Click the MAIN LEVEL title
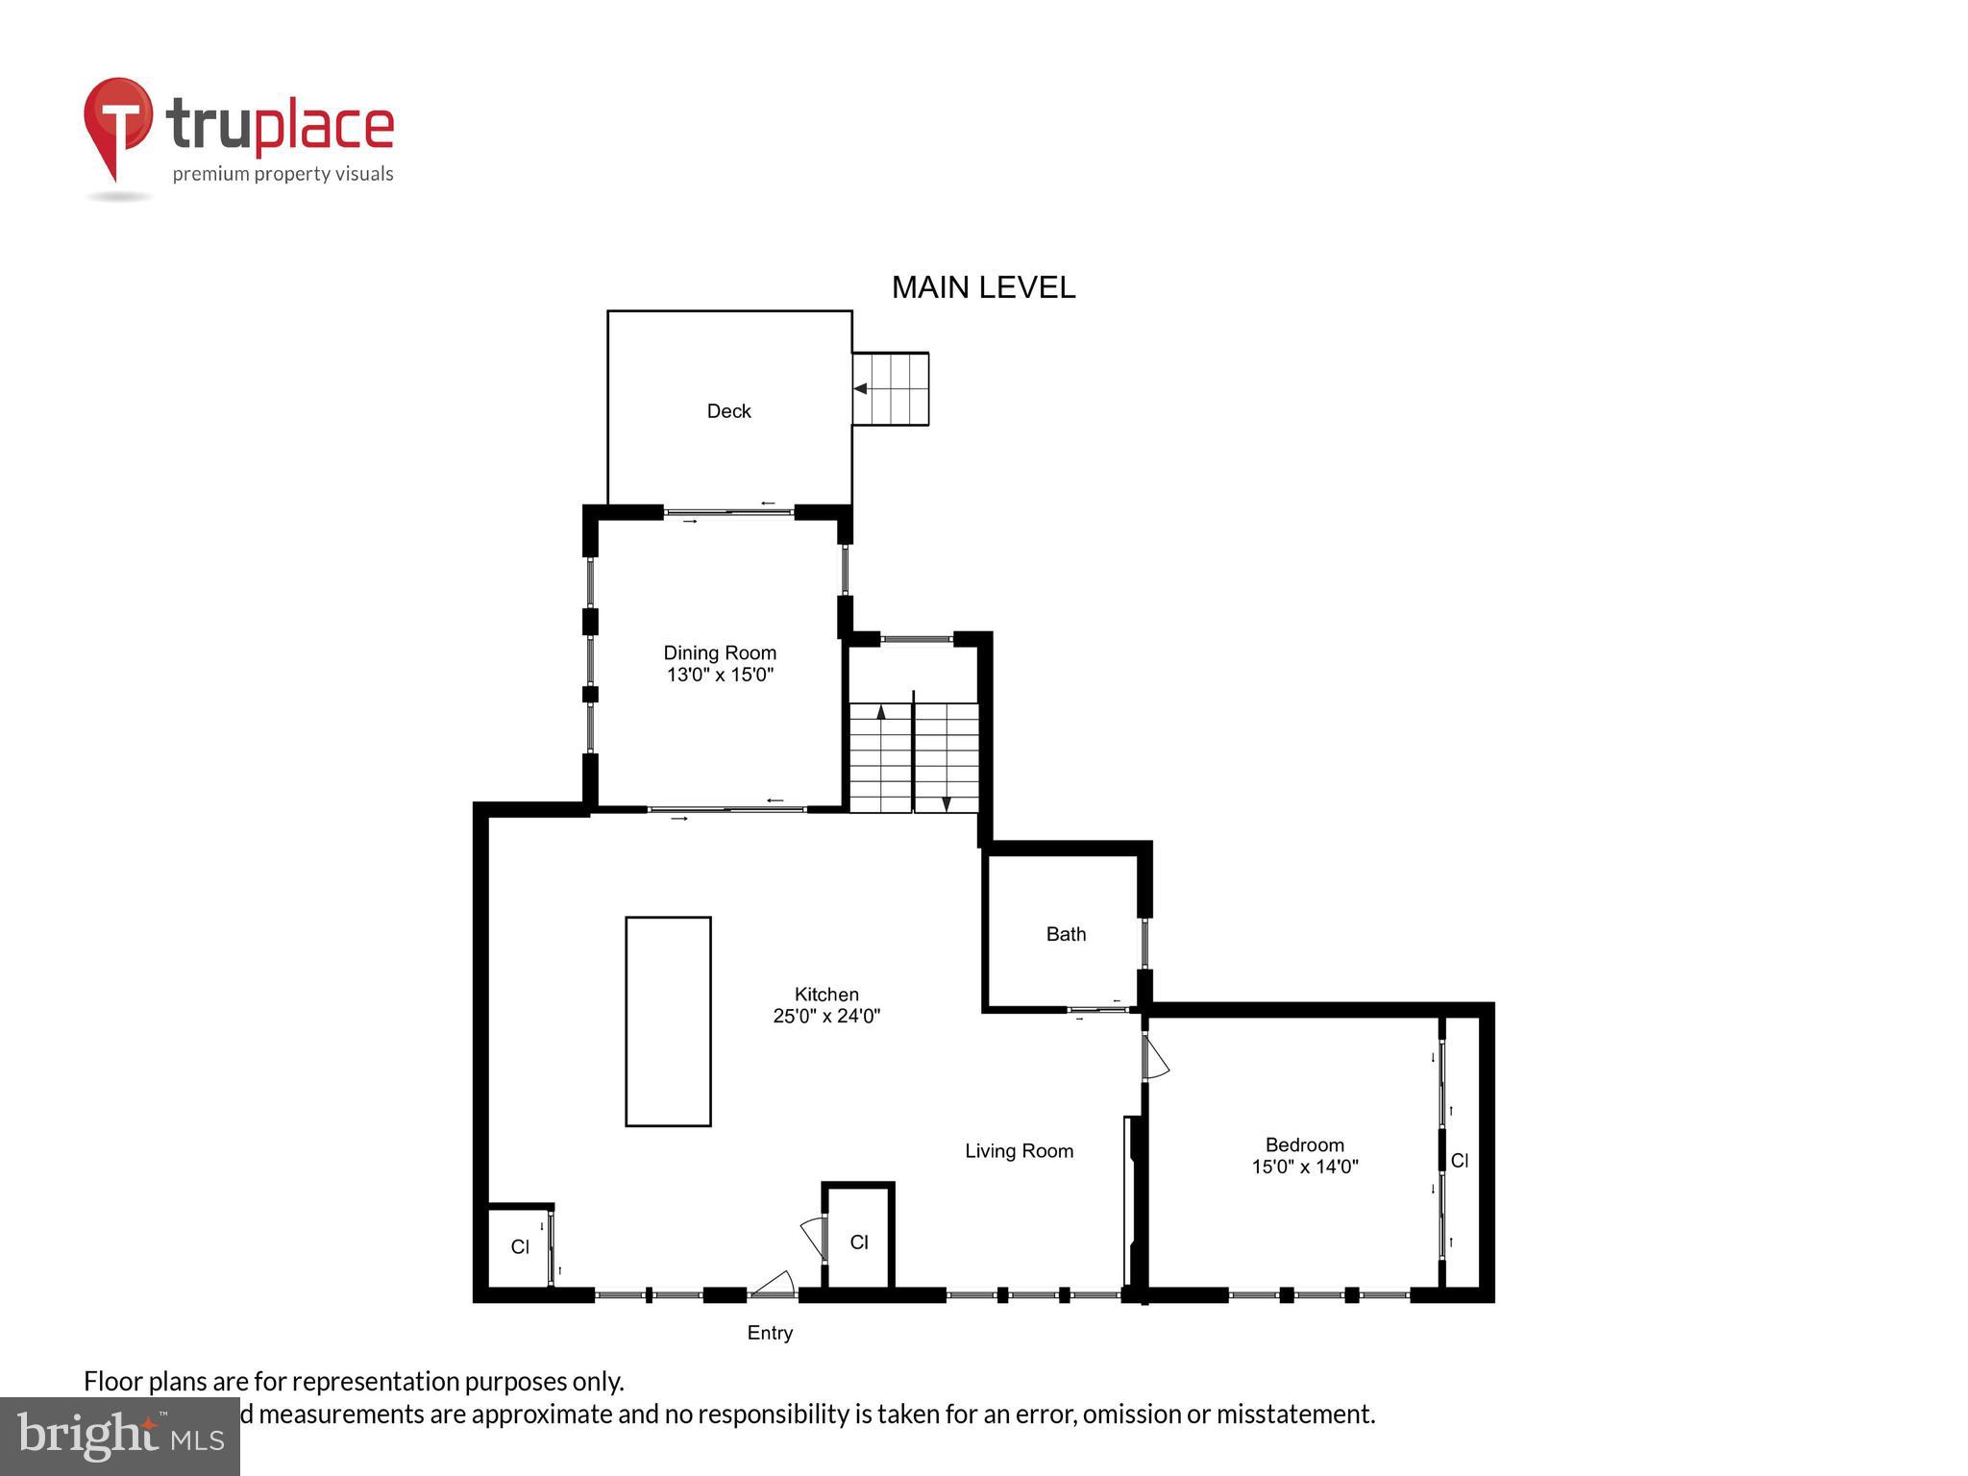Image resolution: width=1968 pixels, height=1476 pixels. click(x=983, y=287)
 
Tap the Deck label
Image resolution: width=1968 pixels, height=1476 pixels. click(x=728, y=411)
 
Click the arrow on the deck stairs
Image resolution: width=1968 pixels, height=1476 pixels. click(x=862, y=389)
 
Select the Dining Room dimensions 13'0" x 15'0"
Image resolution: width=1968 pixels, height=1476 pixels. click(x=720, y=675)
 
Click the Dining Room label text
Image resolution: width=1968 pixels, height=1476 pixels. click(x=720, y=653)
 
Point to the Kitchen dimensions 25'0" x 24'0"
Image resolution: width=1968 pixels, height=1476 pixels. click(x=826, y=1016)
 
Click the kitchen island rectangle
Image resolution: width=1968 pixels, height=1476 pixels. click(x=668, y=1021)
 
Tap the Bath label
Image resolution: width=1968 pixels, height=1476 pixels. click(x=1066, y=934)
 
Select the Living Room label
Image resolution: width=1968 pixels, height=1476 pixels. click(x=1019, y=1151)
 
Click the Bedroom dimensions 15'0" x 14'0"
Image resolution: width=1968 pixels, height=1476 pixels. click(x=1304, y=1167)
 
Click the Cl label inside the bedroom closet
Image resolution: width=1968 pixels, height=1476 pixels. click(x=1459, y=1161)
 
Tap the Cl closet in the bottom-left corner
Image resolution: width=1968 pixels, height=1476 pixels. click(x=520, y=1247)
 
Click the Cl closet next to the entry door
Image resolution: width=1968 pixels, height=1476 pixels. click(x=859, y=1242)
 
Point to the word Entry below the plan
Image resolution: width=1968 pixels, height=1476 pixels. click(x=770, y=1333)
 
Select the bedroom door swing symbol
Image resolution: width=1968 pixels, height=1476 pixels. click(x=1155, y=1057)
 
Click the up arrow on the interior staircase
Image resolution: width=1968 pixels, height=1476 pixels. click(x=881, y=713)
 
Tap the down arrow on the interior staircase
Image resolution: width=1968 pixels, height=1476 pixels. click(x=947, y=802)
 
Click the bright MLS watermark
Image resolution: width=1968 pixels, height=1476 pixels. click(x=119, y=1437)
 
